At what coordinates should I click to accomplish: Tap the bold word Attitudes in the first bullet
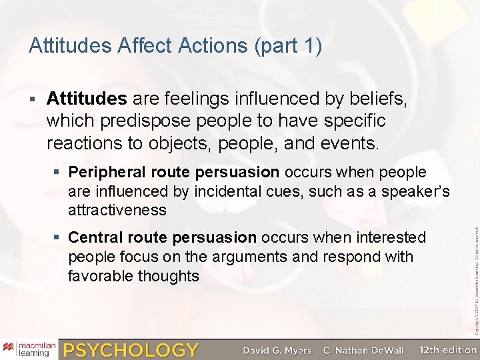[x=87, y=99]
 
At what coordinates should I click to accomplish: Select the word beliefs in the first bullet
[x=377, y=99]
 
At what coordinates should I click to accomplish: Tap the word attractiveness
[x=117, y=210]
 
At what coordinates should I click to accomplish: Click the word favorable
[x=101, y=275]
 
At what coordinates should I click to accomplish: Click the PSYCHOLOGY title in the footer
[x=131, y=349]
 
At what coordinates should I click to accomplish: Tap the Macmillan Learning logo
[x=29, y=349]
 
